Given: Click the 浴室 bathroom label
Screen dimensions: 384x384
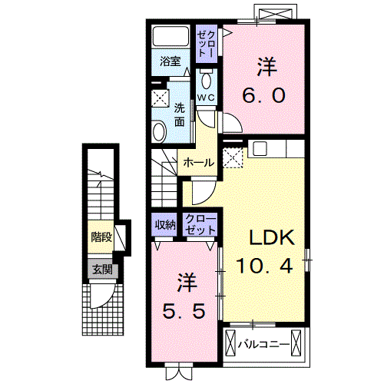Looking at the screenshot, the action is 170,61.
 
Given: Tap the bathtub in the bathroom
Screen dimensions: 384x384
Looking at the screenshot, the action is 170,36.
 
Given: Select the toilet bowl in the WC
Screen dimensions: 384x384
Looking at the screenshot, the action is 206,80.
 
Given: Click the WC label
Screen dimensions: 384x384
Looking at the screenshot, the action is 206,98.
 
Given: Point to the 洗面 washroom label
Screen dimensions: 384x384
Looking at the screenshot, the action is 180,114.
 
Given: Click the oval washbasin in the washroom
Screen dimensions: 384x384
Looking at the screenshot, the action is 159,131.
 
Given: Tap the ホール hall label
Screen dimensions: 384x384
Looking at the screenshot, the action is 199,162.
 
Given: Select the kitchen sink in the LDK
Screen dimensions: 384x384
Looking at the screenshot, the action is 260,148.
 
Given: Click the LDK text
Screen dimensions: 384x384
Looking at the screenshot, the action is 272,237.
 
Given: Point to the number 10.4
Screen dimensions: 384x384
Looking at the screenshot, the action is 264,266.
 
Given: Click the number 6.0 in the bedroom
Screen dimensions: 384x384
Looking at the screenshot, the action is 263,95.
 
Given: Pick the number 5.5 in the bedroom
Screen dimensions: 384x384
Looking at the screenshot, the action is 184,311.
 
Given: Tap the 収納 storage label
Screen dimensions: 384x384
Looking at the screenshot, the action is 165,225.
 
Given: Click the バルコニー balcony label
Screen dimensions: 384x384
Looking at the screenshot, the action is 264,344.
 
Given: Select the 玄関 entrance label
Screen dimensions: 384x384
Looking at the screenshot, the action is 102,269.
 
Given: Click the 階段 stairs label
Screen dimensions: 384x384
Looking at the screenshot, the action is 101,237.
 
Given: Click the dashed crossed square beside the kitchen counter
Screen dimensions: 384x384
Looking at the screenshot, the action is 233,157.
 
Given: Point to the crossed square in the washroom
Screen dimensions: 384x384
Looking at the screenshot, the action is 160,98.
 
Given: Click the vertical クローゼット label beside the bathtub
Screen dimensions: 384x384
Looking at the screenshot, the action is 207,44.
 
